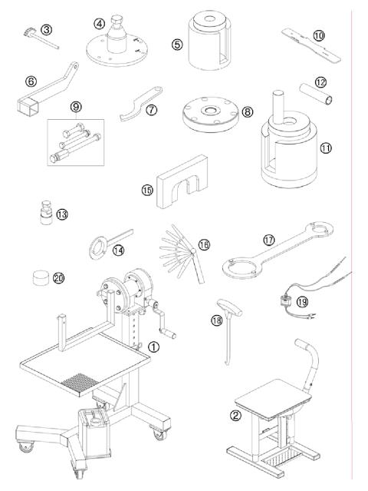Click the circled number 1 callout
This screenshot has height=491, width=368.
pos(154,347)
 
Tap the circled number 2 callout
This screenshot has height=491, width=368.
pos(235,416)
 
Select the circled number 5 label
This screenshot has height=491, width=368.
pos(177,45)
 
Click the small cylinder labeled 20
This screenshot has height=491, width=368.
pos(41,275)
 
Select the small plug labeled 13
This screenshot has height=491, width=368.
pos(46,212)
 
